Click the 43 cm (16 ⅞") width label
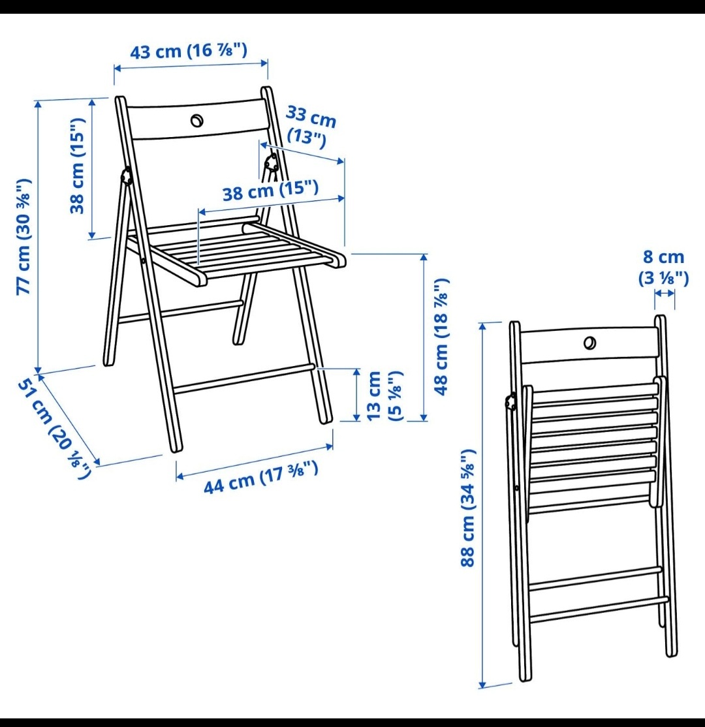188,50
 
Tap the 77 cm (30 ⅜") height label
24,236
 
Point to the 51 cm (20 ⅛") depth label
54,429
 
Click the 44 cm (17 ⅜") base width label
261,478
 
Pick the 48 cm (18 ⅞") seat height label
441,337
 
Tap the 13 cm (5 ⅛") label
384,395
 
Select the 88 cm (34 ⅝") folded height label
468,508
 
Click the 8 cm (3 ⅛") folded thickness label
664,268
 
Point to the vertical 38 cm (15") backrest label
78,166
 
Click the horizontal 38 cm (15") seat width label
271,191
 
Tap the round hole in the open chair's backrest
196,121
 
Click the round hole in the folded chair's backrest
590,343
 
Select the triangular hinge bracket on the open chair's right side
272,162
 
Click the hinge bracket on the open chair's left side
126,178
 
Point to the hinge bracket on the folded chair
512,401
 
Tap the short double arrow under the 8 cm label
665,293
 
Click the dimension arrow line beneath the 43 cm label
191,66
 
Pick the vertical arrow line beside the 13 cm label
357,395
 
